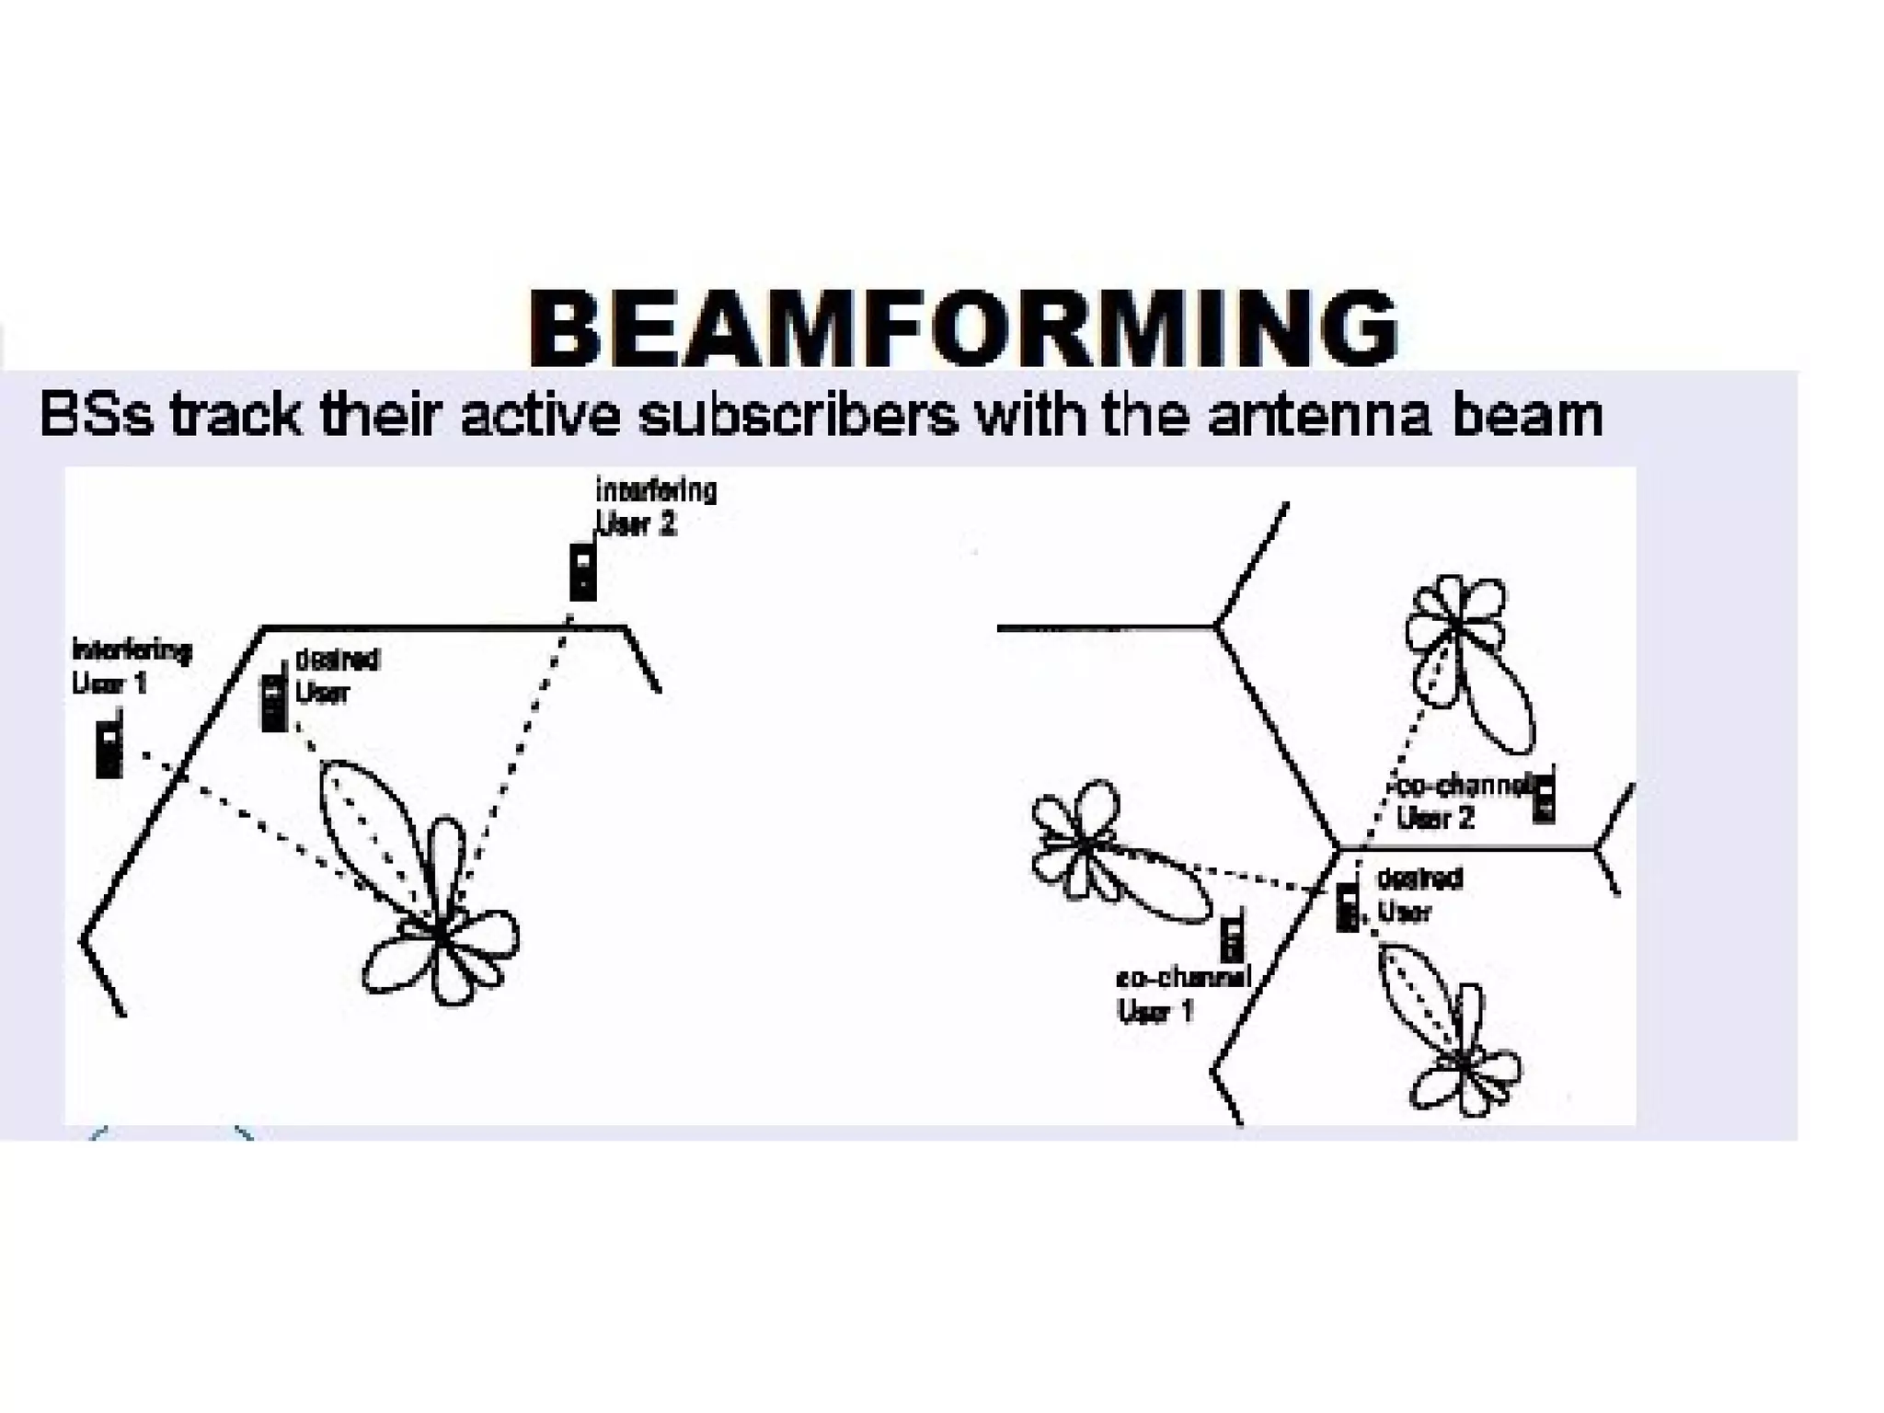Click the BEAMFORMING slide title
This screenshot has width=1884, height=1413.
click(x=962, y=327)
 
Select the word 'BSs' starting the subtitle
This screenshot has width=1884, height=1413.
click(x=96, y=415)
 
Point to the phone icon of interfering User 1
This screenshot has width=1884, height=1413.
click(x=109, y=748)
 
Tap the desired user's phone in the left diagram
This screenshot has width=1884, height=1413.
click(x=274, y=703)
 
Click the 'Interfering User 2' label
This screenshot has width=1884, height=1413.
click(x=655, y=507)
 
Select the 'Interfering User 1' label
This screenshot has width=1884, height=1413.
click(x=131, y=667)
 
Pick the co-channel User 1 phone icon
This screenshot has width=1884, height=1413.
click(x=1232, y=937)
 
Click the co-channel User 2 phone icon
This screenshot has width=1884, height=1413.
click(x=1544, y=798)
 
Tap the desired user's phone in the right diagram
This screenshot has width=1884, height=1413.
click(x=1348, y=906)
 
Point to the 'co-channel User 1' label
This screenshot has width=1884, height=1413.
click(x=1182, y=994)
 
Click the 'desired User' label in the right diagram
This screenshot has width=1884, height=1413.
click(x=1418, y=895)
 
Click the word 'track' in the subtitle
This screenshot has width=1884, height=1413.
click(x=235, y=415)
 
